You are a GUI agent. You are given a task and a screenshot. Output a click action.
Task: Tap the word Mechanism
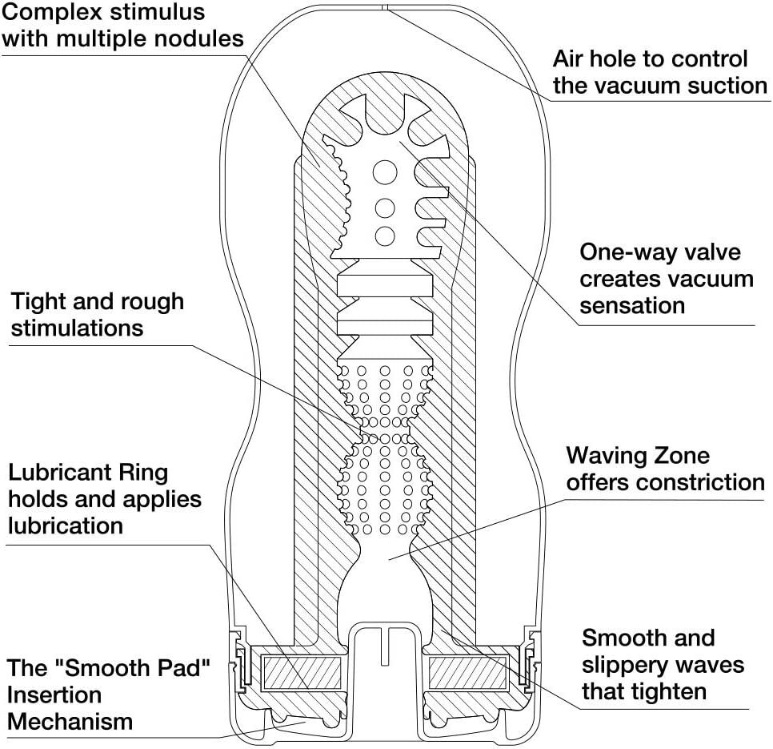[x=70, y=721]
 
